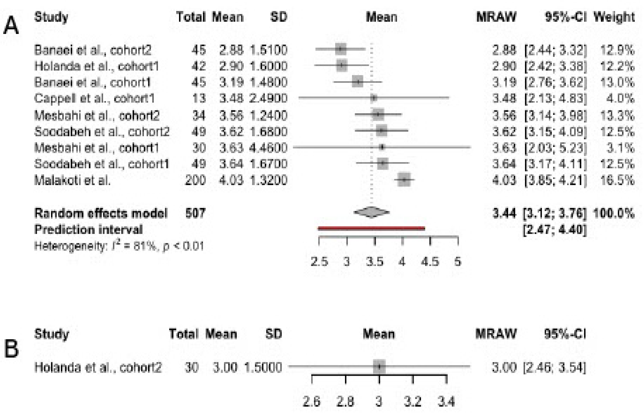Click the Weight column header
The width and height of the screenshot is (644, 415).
614,17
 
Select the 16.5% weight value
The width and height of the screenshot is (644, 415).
617,180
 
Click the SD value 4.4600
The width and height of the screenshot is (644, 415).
268,148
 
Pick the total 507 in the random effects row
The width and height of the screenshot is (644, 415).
195,213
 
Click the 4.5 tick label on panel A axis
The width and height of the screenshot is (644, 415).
430,261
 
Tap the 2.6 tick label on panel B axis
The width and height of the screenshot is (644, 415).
312,402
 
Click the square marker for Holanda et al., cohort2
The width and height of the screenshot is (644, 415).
379,367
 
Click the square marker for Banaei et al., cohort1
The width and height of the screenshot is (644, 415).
358,82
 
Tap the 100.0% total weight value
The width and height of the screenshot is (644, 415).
614,213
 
